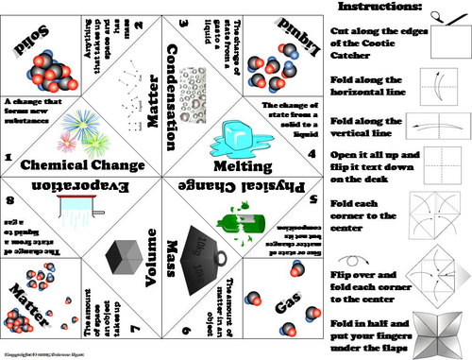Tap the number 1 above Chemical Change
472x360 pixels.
pyautogui.click(x=8, y=158)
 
